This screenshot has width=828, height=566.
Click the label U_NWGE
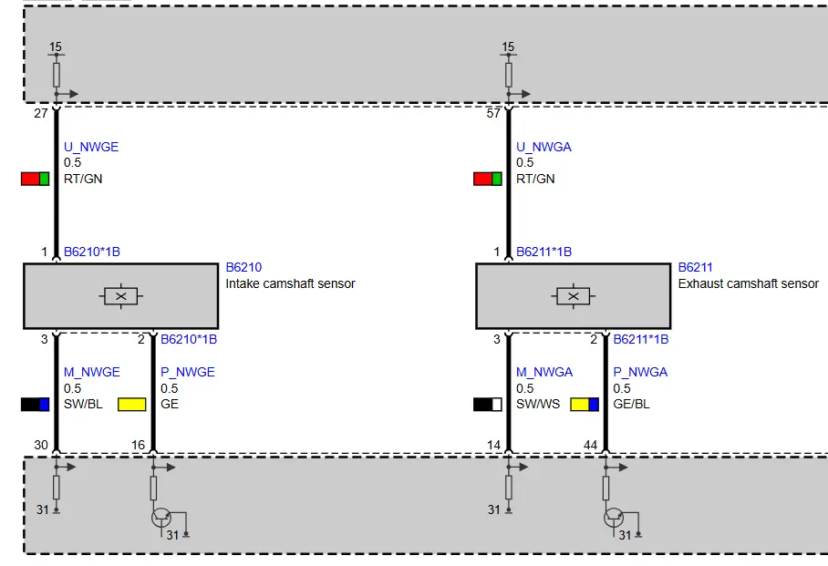[x=91, y=147]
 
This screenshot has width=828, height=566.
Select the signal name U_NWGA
[x=543, y=147]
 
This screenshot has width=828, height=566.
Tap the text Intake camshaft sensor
[x=290, y=283]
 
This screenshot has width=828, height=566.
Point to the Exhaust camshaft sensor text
[x=749, y=283]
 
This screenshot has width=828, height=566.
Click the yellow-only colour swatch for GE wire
[x=131, y=405]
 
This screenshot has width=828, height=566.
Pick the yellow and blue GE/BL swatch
[x=585, y=405]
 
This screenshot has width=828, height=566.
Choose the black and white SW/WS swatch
[x=487, y=405]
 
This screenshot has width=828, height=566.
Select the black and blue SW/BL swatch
[x=35, y=405]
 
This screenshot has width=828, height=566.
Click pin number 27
[x=41, y=114]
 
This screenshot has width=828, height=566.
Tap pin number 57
[x=493, y=114]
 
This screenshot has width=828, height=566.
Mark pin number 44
[x=590, y=445]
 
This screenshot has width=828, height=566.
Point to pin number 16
[x=138, y=445]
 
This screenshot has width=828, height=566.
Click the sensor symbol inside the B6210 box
[x=121, y=296]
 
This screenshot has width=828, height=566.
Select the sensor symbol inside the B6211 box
[x=574, y=296]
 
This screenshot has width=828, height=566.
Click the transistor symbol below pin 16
[x=161, y=518]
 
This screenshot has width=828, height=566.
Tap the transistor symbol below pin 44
[x=614, y=518]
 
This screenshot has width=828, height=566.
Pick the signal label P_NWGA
[x=640, y=372]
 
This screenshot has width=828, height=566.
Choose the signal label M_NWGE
[x=91, y=372]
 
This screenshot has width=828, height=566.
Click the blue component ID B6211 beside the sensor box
[x=695, y=267]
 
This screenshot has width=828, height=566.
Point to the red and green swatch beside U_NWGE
[x=35, y=179]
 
